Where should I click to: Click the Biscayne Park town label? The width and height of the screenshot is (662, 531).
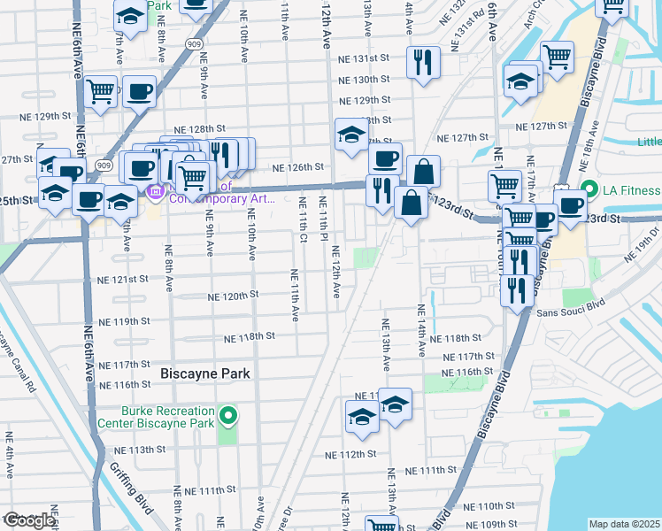click(205, 374)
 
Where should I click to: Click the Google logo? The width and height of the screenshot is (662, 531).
click(29, 520)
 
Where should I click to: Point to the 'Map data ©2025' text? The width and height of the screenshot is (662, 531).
click(625, 524)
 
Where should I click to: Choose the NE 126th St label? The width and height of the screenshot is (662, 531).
click(297, 166)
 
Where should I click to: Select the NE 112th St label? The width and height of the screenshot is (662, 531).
click(350, 454)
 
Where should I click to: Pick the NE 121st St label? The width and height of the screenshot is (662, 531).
click(123, 279)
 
